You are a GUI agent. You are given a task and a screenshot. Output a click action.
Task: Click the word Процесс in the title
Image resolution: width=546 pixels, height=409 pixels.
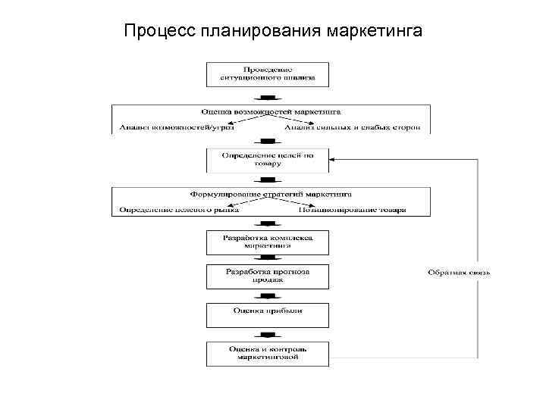coord(160,31)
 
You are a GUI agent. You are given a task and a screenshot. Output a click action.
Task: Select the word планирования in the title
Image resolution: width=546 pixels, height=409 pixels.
coord(262,31)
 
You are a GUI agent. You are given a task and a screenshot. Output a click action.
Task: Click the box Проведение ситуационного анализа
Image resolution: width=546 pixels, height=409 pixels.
coord(268,73)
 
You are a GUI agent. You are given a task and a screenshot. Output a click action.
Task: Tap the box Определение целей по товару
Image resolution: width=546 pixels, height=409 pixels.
coord(268,159)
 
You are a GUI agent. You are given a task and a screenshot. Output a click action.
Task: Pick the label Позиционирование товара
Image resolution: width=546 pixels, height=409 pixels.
coord(353,210)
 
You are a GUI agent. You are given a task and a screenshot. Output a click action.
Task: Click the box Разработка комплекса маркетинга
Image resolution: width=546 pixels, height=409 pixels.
coord(268,242)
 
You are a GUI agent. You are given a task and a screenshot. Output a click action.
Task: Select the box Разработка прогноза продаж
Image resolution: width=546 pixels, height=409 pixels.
coord(268,275)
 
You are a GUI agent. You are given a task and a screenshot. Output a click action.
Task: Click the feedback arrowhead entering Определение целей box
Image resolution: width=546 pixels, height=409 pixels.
coord(334,159)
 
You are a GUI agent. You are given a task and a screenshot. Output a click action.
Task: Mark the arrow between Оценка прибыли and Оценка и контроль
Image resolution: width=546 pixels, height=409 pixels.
coord(268,335)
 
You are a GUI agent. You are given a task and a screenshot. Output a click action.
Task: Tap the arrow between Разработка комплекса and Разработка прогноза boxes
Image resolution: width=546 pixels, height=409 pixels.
coord(268,259)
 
